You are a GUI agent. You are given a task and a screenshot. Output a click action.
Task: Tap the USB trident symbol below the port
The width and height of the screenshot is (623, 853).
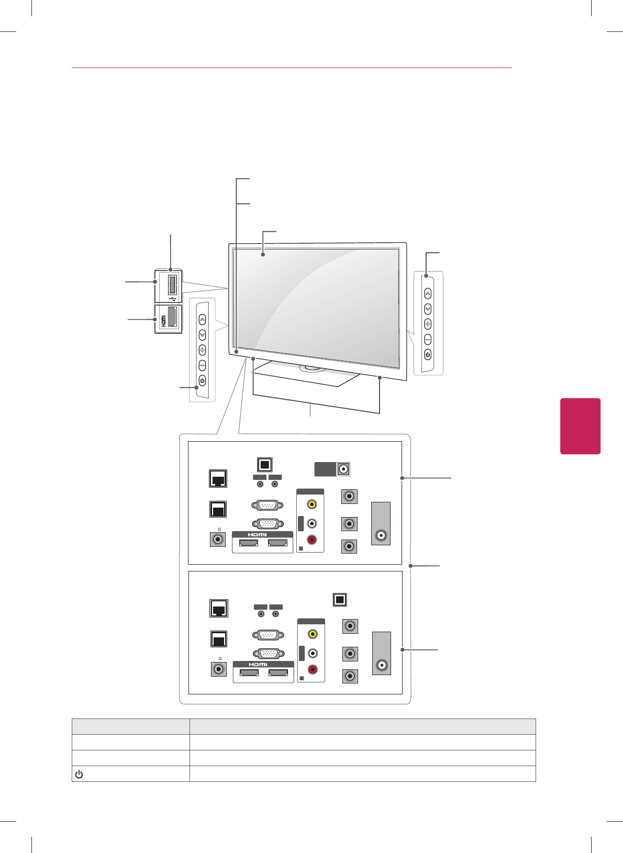[x=172, y=299]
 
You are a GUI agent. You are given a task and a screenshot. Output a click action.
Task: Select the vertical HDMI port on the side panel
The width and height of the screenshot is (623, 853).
[x=172, y=317]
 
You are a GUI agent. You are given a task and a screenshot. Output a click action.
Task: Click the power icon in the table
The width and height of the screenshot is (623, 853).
[x=79, y=774]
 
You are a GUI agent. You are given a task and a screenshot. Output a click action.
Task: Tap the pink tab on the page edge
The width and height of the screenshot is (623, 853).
[x=580, y=426]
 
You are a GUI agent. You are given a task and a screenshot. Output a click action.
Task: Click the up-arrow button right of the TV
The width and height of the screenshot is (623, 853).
[x=428, y=294]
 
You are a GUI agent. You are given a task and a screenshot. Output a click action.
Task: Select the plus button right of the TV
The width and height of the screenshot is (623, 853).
[x=428, y=324]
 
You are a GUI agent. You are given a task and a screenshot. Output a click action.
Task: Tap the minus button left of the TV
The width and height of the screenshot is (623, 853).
[x=202, y=365]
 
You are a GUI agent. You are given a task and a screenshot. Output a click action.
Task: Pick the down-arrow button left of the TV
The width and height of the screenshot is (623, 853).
[x=202, y=335]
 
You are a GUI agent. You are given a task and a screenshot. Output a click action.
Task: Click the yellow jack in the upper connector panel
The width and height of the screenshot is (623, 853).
[x=311, y=504]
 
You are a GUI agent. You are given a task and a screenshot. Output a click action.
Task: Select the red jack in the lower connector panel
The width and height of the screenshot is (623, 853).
[x=313, y=669]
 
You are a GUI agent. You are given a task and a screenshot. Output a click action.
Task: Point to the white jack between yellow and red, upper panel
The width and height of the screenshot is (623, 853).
[x=311, y=523]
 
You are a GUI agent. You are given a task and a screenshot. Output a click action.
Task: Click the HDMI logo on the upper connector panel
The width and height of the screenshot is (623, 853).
[x=258, y=534]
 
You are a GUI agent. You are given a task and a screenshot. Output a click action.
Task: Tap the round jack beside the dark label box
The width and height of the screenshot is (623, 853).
[x=343, y=469]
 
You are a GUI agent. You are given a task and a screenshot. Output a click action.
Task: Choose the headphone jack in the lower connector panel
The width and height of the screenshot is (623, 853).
[x=218, y=669]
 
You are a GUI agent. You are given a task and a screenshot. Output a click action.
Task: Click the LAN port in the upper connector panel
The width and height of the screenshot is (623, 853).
[x=217, y=478]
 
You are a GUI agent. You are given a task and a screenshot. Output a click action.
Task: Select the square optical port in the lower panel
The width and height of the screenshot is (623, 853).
[x=340, y=600]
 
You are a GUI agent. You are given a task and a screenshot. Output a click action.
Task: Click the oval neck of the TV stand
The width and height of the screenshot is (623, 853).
[x=312, y=368]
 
